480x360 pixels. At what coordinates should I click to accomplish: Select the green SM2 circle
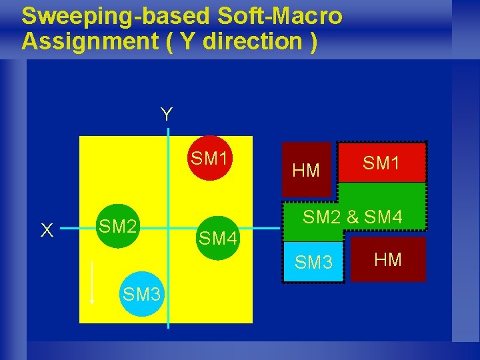click(x=119, y=227)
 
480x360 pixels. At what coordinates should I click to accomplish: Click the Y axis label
click(x=166, y=115)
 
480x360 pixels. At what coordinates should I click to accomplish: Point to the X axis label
click(x=47, y=230)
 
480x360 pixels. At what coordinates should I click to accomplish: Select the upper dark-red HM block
click(x=307, y=169)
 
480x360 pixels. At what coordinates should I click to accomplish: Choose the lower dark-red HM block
click(x=388, y=259)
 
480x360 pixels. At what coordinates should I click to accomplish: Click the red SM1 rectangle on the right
click(x=382, y=162)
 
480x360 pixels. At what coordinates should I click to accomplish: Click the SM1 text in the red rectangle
click(x=382, y=162)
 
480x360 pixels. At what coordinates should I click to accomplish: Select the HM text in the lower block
click(x=388, y=259)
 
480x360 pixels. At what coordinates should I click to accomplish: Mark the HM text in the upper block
click(x=307, y=171)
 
